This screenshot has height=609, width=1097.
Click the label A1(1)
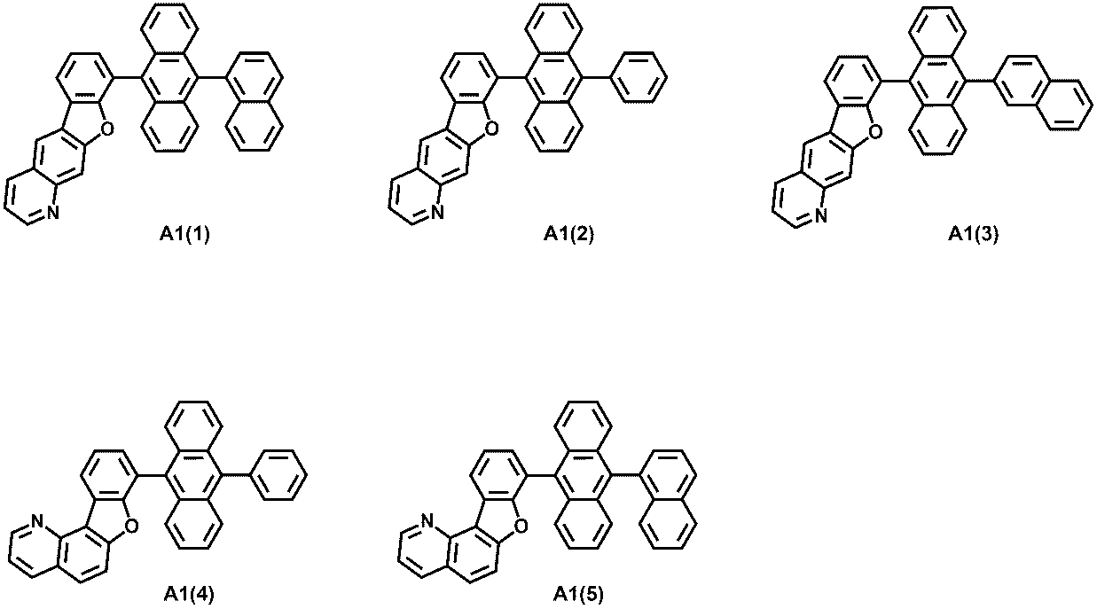184,235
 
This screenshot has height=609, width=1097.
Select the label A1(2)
568,235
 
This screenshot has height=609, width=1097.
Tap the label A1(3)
973,235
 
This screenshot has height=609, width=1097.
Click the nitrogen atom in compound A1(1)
53,213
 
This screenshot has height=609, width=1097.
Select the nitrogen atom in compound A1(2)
437,213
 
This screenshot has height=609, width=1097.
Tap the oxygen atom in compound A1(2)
491,129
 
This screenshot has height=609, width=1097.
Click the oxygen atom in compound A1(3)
874,132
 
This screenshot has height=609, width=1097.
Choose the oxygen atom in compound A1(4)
131,527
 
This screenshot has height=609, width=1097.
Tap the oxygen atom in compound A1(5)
521,527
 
